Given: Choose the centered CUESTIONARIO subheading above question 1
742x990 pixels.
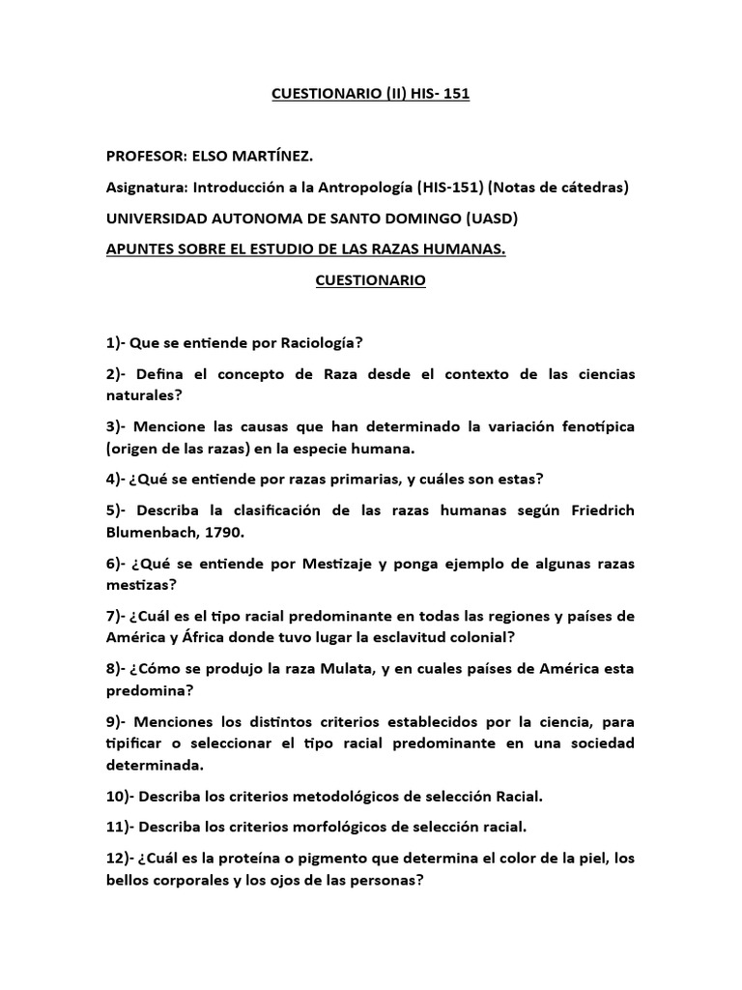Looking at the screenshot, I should point(371,281).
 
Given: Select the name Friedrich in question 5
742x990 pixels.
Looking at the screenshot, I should point(589,510).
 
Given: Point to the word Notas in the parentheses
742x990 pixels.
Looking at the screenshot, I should point(517,187).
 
